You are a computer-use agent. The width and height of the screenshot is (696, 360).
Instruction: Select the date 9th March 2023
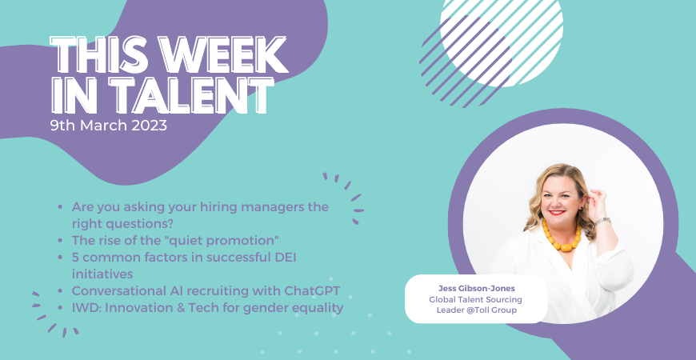pos(109,126)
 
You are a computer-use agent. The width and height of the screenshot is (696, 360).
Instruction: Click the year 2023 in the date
pos(149,126)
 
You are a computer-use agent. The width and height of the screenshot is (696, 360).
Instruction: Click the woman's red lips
pos(556,213)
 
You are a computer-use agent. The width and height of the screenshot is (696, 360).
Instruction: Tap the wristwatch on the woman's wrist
pos(602,221)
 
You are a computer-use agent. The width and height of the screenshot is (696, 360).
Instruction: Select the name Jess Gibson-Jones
pos(476,289)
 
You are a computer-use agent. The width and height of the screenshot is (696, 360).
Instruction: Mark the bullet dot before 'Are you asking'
pos(60,207)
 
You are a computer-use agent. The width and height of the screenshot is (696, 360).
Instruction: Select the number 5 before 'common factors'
pos(75,257)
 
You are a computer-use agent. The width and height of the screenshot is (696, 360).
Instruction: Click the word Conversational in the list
pos(119,291)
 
